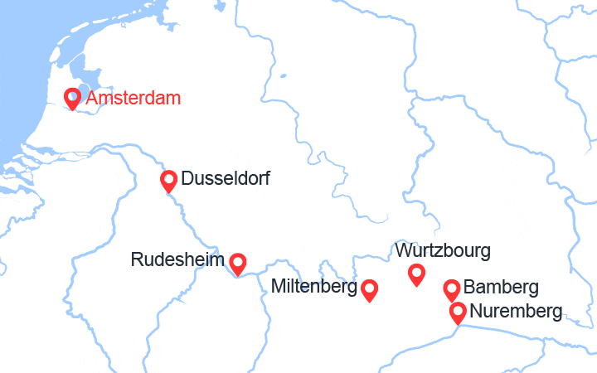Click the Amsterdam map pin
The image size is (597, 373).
point(72,98)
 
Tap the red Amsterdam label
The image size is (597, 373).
point(133,99)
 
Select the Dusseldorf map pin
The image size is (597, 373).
point(168,180)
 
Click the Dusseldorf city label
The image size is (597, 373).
point(225,178)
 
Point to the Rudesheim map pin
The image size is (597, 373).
point(238,263)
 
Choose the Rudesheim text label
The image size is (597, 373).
point(177,260)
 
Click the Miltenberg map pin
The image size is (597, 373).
point(369,289)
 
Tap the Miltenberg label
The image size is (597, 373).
point(314,288)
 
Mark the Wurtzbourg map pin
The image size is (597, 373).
point(417,274)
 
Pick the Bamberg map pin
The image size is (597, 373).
point(452,289)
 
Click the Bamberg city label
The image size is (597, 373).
point(501,288)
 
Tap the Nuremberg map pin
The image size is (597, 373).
point(458,312)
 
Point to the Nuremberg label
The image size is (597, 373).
point(515,312)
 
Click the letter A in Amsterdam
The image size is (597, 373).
point(92,99)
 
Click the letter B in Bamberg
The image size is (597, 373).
point(469,288)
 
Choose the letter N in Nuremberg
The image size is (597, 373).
point(475,312)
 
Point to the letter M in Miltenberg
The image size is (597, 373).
point(278,288)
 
